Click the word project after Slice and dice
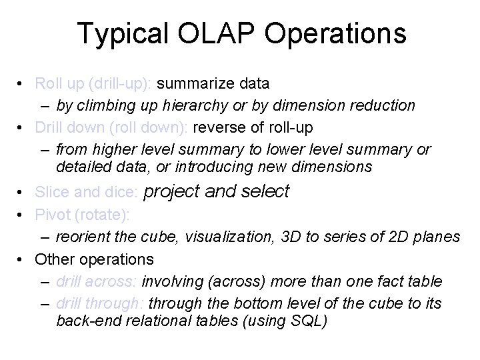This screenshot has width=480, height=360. [x=172, y=192]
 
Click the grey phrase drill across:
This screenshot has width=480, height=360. [x=97, y=281]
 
